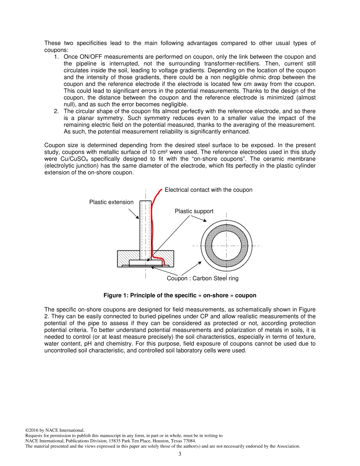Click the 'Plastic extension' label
click(111, 202)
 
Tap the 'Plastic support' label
click(194, 211)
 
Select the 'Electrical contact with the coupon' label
click(208, 189)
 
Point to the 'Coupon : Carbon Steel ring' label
click(202, 278)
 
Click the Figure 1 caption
click(180, 296)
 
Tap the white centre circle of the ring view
click(226, 246)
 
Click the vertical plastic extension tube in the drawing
click(146, 227)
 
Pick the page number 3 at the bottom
click(180, 454)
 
